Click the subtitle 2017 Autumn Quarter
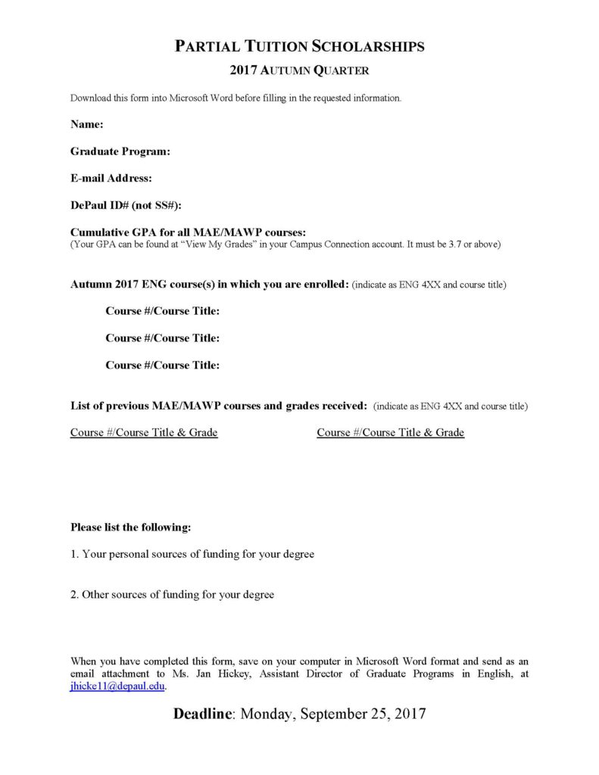click(299, 71)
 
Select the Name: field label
click(87, 124)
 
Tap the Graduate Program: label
click(120, 151)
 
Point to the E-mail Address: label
click(111, 179)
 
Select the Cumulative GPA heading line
click(188, 232)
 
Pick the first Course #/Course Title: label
click(163, 311)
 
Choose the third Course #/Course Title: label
click(163, 366)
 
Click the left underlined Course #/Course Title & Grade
click(144, 433)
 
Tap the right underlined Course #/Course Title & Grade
click(390, 433)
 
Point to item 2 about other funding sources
click(172, 595)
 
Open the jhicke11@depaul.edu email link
click(117, 687)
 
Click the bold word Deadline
click(203, 714)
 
